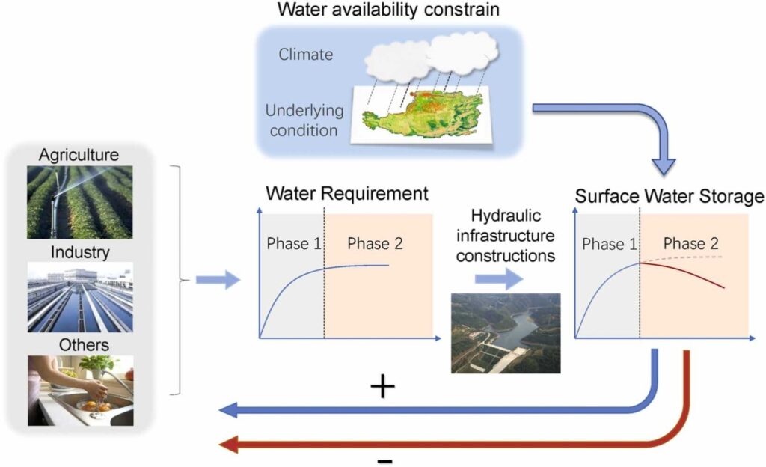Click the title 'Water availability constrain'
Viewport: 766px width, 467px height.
[x=388, y=10]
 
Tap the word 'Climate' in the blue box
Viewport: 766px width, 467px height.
[x=306, y=54]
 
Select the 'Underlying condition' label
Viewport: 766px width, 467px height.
[x=304, y=120]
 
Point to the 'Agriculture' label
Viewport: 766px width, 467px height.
[x=79, y=156]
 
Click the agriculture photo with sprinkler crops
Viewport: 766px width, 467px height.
[x=80, y=202]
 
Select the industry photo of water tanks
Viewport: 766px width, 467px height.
[x=80, y=297]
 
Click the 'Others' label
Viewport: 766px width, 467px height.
[x=79, y=345]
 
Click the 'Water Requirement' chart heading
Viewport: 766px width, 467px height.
[x=347, y=194]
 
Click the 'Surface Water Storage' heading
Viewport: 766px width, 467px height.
[x=669, y=196]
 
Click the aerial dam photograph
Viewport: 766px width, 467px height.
[x=506, y=333]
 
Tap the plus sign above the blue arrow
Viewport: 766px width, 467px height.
[x=382, y=387]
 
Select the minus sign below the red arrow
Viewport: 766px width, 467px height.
[x=384, y=460]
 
